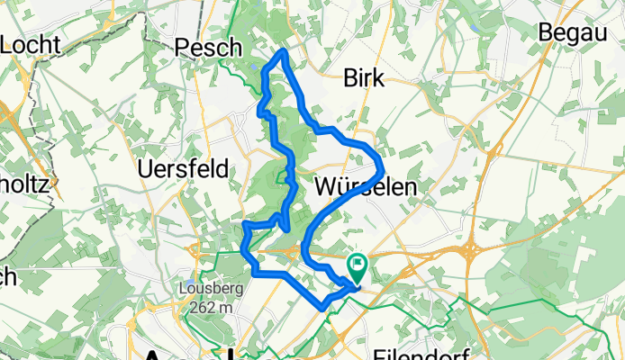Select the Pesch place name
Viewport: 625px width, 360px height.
point(210,47)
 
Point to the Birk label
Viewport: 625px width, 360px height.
point(364,79)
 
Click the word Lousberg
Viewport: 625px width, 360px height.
point(206,290)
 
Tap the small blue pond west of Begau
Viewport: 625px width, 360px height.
point(474,30)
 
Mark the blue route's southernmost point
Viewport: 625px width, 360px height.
point(323,309)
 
